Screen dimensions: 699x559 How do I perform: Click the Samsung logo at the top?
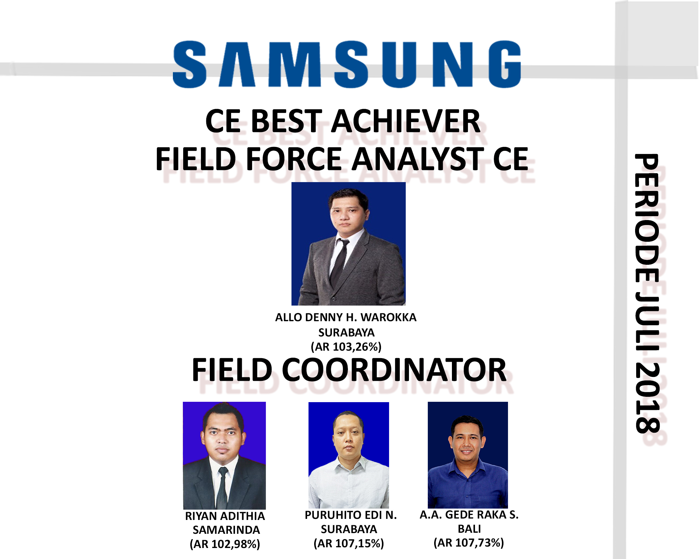tap(347, 64)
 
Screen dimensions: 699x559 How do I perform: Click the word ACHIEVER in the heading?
tap(406, 121)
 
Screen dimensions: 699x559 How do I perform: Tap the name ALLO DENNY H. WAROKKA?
tap(346, 317)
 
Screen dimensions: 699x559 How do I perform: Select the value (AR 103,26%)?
tap(346, 347)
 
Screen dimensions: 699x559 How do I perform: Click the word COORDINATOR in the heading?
tap(394, 370)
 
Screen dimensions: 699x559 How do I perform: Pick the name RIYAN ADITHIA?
tap(225, 516)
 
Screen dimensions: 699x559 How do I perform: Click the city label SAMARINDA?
tap(226, 530)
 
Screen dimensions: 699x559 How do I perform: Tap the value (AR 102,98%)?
tap(225, 544)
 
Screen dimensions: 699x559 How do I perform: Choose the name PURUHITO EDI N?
tap(351, 515)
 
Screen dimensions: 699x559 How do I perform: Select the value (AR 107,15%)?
tap(349, 543)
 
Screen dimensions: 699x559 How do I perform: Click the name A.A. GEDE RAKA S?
tap(469, 515)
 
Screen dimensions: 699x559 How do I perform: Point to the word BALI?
tap(469, 529)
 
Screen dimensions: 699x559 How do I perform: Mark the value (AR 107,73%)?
tap(469, 543)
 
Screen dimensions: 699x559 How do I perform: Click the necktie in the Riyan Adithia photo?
tap(222, 488)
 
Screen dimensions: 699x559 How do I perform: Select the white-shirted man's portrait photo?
tap(349, 455)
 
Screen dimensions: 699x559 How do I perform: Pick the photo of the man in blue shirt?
tap(468, 455)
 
